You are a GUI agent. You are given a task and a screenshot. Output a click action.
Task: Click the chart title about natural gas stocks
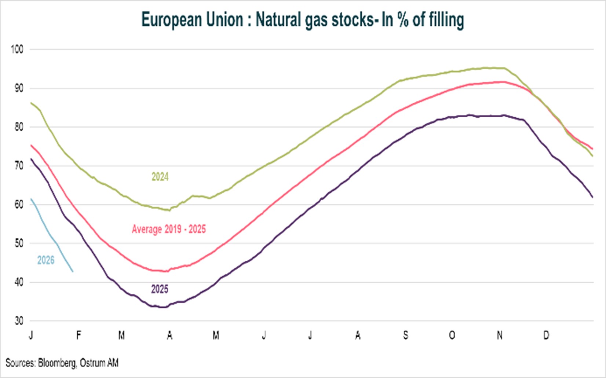[302, 20]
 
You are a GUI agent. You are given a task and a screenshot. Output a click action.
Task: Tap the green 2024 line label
[160, 177]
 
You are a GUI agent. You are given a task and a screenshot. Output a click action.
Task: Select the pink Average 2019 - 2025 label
[169, 230]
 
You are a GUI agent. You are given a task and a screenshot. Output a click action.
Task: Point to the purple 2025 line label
[160, 289]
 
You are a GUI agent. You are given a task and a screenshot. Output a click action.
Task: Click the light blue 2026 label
[46, 260]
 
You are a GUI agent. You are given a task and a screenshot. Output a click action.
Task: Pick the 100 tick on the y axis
[17, 49]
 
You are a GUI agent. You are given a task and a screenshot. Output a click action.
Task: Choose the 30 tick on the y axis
[18, 321]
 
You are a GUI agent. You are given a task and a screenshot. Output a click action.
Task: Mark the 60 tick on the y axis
[18, 205]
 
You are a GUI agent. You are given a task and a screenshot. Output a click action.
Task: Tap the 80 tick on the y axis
[18, 127]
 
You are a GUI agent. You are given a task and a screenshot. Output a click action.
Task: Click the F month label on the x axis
[78, 335]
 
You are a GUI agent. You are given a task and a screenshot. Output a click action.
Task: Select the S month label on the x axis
[405, 335]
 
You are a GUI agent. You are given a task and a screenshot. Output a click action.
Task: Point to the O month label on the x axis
[452, 335]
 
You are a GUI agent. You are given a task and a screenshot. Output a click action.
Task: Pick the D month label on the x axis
[546, 335]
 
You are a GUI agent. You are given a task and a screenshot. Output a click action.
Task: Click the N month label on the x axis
[499, 335]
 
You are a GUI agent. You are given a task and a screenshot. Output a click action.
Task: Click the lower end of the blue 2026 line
[73, 272]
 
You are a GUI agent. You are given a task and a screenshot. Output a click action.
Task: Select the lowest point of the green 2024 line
[169, 210]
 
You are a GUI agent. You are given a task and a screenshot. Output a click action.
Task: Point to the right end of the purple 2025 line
[593, 197]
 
